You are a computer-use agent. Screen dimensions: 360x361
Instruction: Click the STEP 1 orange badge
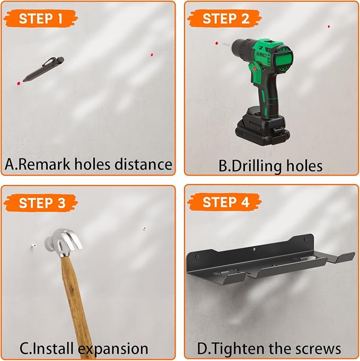pyautogui.click(x=40, y=19)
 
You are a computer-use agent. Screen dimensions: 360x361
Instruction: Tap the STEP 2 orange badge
pyautogui.click(x=225, y=19)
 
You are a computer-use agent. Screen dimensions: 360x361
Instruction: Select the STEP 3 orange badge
pyautogui.click(x=40, y=203)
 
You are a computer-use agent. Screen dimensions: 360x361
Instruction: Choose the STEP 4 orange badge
pyautogui.click(x=225, y=202)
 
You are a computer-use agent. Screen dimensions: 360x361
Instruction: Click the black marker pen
pyautogui.click(x=43, y=69)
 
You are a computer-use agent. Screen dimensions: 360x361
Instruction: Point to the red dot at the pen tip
pyautogui.click(x=19, y=83)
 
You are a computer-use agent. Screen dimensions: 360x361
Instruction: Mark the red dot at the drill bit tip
pyautogui.click(x=216, y=43)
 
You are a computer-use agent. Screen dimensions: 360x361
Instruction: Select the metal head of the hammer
pyautogui.click(x=63, y=243)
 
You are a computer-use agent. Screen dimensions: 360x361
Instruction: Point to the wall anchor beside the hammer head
pyautogui.click(x=33, y=246)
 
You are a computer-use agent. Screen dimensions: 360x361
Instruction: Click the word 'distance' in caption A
pyautogui.click(x=143, y=164)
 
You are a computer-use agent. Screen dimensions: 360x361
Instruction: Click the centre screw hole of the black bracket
pyautogui.click(x=253, y=249)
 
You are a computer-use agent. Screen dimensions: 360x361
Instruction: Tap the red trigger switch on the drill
pyautogui.click(x=254, y=69)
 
